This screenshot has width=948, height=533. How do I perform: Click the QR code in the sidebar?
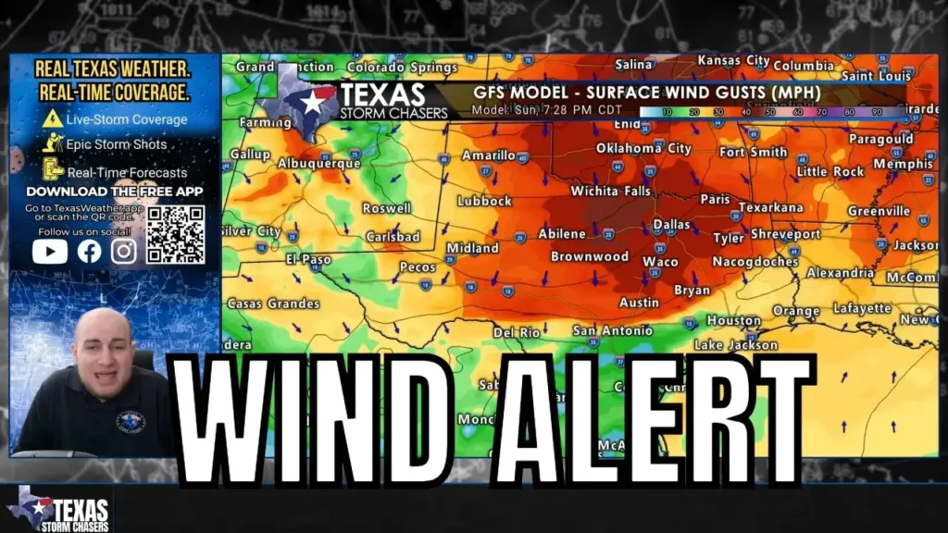(x=175, y=234)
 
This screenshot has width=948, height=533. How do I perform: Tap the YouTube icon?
(x=50, y=251)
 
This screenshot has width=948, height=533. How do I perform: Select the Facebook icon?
(x=90, y=251)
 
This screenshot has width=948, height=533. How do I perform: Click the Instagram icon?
(x=124, y=251)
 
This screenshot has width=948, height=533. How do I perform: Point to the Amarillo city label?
(x=489, y=155)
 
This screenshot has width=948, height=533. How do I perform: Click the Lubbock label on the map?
(x=484, y=201)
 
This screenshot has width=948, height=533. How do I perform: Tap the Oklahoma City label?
(x=643, y=148)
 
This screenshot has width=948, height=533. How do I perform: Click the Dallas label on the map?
(x=671, y=225)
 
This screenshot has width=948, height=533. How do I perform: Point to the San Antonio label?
(x=613, y=331)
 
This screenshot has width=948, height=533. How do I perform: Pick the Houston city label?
(x=734, y=321)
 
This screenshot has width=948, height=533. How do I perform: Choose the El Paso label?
(x=308, y=260)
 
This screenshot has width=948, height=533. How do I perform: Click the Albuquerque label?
(x=319, y=164)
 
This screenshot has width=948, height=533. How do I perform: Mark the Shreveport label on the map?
(x=785, y=235)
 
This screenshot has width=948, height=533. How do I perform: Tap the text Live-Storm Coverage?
(x=126, y=119)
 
